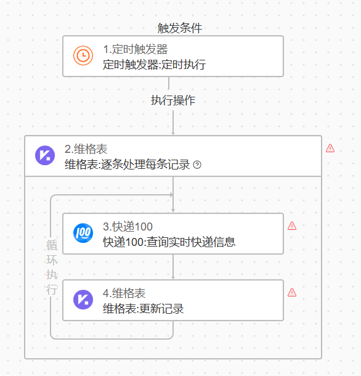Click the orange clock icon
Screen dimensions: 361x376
click(x=83, y=55)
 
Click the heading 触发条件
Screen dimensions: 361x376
click(x=180, y=28)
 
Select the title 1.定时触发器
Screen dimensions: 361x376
click(x=135, y=49)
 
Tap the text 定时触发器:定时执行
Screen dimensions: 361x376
click(x=154, y=65)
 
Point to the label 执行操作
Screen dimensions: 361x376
click(x=173, y=100)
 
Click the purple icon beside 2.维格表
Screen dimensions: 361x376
click(x=45, y=155)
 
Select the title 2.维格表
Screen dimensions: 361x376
click(x=86, y=149)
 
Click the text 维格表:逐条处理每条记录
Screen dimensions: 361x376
click(x=128, y=165)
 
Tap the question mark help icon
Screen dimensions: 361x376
click(x=197, y=165)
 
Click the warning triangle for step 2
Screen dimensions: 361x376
click(x=330, y=148)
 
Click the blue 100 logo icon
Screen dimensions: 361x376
click(x=83, y=233)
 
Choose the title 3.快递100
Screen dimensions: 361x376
click(x=128, y=227)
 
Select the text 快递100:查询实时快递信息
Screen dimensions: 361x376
click(x=169, y=242)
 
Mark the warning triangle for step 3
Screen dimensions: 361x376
click(x=292, y=226)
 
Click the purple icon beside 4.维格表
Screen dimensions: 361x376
click(x=83, y=300)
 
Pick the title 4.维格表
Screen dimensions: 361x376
click(x=124, y=293)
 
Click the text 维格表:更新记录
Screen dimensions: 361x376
click(x=144, y=309)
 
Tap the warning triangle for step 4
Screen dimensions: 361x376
click(x=292, y=293)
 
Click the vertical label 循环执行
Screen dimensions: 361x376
click(x=52, y=268)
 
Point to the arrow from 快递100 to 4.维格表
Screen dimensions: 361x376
click(x=173, y=267)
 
